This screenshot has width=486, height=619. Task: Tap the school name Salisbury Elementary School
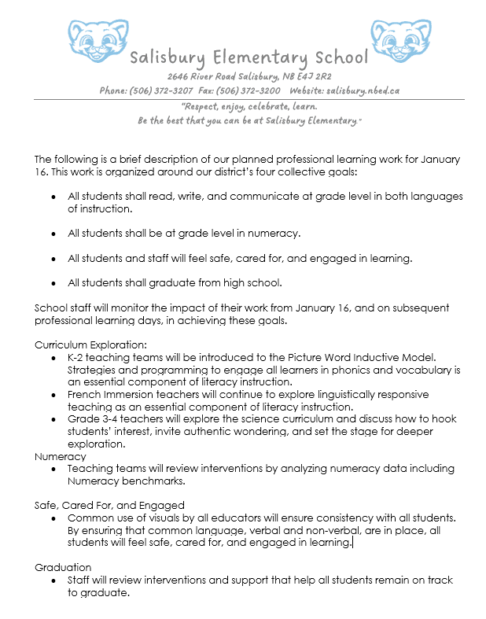point(249,57)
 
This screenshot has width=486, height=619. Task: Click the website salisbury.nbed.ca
point(363,90)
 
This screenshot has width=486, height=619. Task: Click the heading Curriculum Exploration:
point(91,345)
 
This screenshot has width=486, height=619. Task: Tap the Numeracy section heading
point(61,455)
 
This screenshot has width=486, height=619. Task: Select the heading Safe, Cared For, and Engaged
point(109,505)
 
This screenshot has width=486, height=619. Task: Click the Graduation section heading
point(63,567)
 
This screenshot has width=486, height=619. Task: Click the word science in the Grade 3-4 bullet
point(234,419)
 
